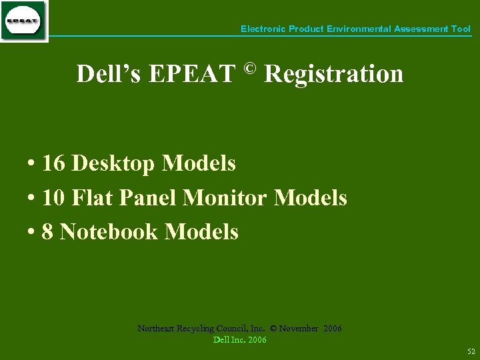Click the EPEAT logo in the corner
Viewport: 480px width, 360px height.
click(x=24, y=21)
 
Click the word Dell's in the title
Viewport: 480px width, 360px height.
click(x=108, y=74)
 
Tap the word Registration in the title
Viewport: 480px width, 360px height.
click(x=333, y=74)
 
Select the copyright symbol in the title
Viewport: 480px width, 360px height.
click(x=249, y=68)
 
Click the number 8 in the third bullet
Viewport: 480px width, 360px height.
click(x=47, y=232)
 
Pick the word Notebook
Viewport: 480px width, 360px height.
click(x=109, y=232)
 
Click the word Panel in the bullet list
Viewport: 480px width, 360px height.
click(x=147, y=197)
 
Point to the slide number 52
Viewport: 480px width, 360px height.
click(x=471, y=351)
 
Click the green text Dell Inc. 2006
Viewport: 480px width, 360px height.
click(x=239, y=340)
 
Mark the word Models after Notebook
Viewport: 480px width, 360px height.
click(x=201, y=232)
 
